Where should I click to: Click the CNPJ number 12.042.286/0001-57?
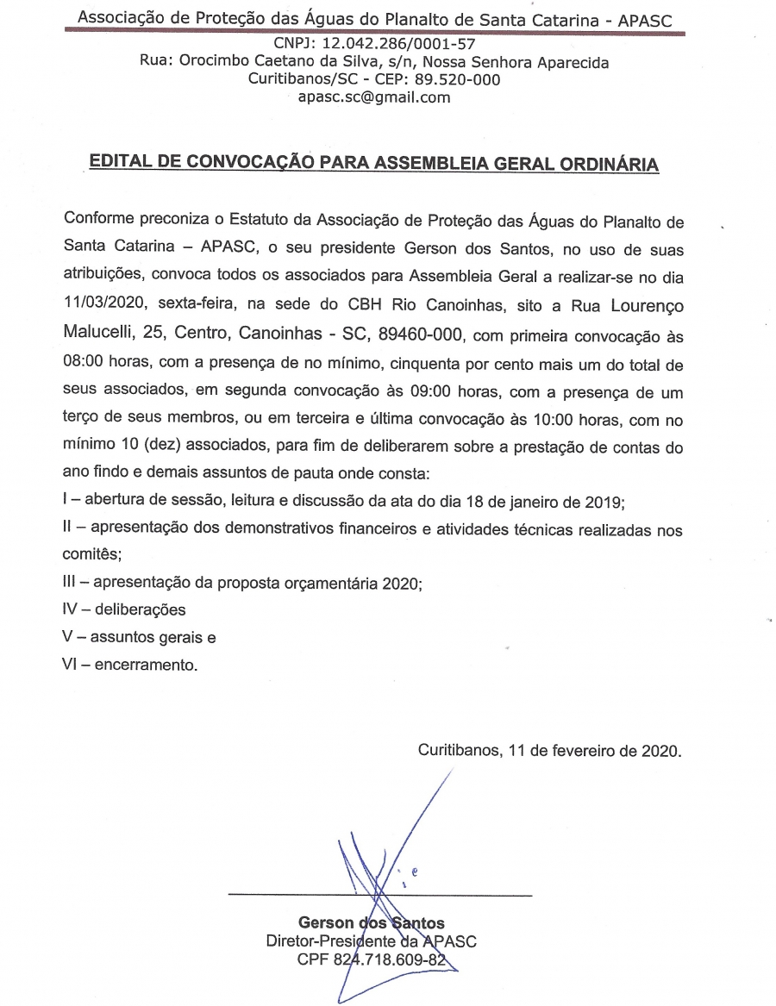(401, 44)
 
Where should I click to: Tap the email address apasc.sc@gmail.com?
(373, 97)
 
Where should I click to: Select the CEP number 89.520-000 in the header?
(457, 79)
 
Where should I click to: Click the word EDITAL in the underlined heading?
(123, 164)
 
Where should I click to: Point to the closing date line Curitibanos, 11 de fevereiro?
(550, 750)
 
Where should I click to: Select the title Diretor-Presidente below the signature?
(329, 941)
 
